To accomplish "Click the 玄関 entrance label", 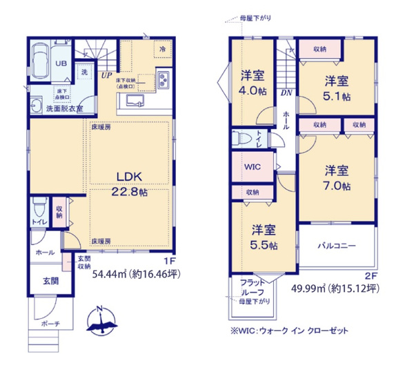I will click(43, 282).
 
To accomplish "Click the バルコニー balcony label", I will click(337, 245).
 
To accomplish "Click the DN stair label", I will click(286, 92).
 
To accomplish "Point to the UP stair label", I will click(106, 75).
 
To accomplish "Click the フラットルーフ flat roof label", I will click(250, 287).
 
